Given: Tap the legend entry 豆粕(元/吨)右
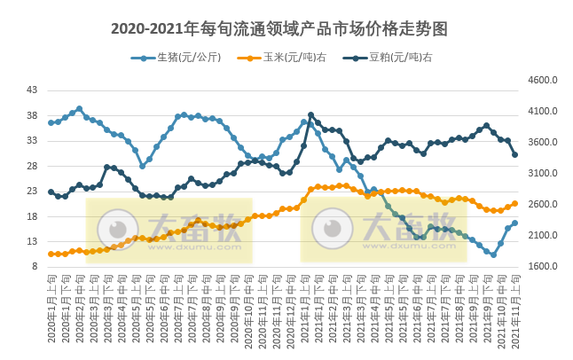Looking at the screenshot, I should click(393, 58).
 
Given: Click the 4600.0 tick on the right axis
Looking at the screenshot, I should click(542, 81).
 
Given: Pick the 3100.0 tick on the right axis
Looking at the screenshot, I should click(542, 174).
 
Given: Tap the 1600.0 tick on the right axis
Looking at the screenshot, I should click(542, 267).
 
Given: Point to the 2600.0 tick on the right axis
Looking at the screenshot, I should click(542, 205).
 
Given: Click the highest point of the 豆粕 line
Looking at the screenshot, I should click(310, 114).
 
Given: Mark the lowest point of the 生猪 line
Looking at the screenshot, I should click(493, 254).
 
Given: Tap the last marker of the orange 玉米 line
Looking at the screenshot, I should click(514, 203).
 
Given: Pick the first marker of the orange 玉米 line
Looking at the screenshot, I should click(51, 254).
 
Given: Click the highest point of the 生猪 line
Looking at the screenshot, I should click(79, 109).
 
